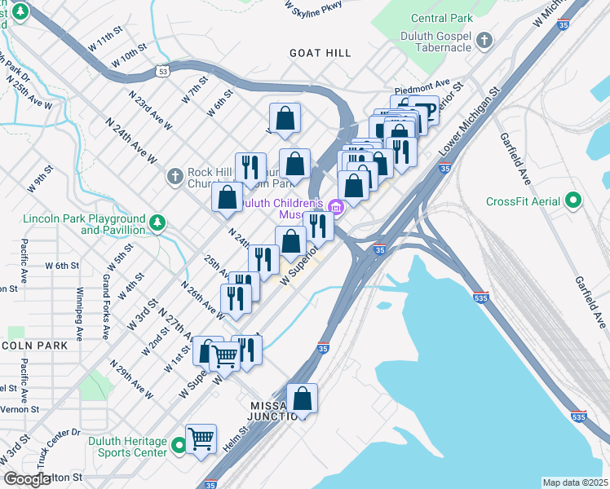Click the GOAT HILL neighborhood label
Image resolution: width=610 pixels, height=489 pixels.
(320, 53)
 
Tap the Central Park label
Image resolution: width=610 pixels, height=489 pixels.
(441, 18)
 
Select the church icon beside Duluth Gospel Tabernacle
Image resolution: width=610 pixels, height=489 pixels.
(484, 40)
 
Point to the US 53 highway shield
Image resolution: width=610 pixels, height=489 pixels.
(164, 73)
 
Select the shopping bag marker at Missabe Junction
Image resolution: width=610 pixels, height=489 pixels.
(302, 399)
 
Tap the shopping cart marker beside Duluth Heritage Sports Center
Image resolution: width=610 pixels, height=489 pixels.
(201, 439)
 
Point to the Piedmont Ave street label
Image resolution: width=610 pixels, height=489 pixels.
(422, 84)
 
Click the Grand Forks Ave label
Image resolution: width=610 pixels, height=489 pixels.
(106, 306)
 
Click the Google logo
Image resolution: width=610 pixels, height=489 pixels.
(26, 480)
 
